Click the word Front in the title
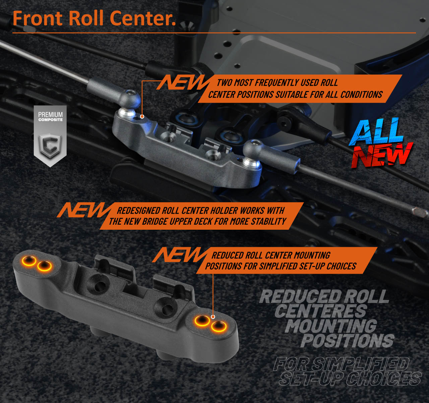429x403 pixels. [x=38, y=18]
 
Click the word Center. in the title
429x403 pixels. [x=143, y=18]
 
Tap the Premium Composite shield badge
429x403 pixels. [x=50, y=136]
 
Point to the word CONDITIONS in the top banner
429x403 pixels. [x=361, y=95]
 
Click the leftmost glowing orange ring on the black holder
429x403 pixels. [x=29, y=260]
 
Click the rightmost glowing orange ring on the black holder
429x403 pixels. [x=219, y=326]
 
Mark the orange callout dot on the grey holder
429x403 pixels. [x=142, y=117]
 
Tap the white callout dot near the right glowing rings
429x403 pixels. [x=213, y=317]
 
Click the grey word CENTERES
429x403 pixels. [x=321, y=311]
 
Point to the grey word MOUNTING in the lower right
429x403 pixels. [x=331, y=326]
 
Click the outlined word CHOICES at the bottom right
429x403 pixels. [x=384, y=379]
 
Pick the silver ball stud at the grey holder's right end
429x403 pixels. [x=251, y=163]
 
